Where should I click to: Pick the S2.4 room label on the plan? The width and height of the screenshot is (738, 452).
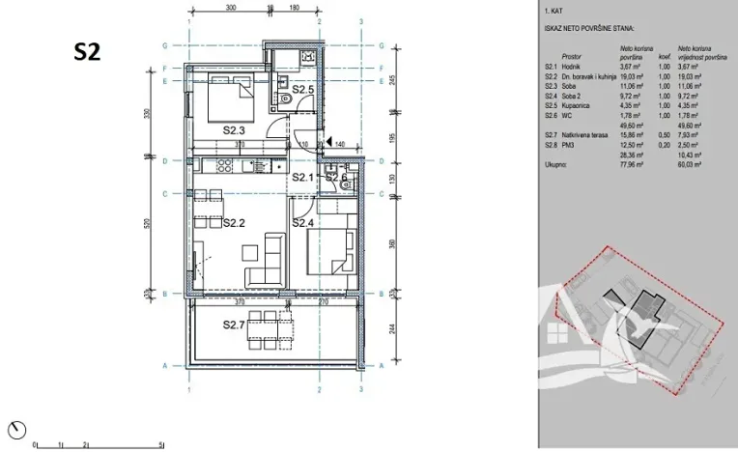304,223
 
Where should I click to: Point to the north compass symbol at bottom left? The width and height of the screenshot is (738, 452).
21,428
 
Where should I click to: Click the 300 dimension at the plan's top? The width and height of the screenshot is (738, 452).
230,7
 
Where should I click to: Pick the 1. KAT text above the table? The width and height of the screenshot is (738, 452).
555,14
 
